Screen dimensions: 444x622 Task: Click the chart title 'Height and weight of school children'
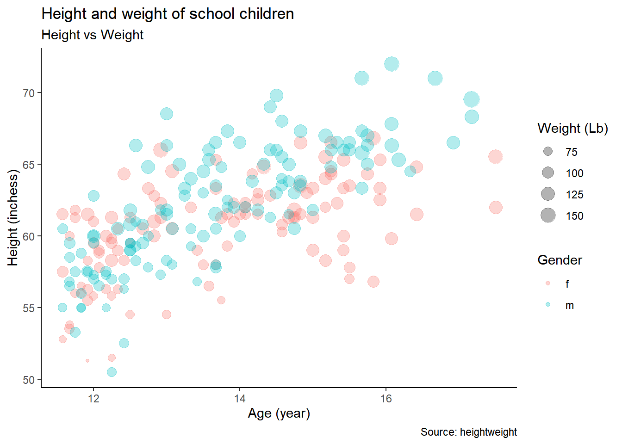click(x=168, y=14)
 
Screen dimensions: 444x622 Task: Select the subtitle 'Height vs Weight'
click(x=93, y=35)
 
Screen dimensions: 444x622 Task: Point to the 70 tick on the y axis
click(x=29, y=93)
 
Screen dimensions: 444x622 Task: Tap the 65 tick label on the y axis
click(x=29, y=165)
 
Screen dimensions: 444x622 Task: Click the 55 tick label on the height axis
click(x=29, y=308)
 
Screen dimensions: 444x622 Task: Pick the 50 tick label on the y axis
click(x=29, y=380)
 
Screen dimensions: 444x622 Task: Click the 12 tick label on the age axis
click(x=93, y=399)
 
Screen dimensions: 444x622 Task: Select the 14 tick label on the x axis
click(x=240, y=399)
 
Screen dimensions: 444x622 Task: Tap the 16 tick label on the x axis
click(x=386, y=399)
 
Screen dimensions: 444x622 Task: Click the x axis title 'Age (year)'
click(x=279, y=413)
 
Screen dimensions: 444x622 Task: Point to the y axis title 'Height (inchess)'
click(x=13, y=218)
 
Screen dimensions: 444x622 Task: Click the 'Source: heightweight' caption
click(x=468, y=432)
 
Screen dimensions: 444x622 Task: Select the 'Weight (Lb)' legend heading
click(x=572, y=129)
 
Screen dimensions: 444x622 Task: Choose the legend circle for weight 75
click(x=548, y=152)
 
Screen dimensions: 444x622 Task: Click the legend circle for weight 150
click(x=548, y=216)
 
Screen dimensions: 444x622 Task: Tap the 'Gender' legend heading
click(x=560, y=260)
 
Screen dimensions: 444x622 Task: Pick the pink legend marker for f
click(x=548, y=283)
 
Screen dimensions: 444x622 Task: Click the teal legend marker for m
click(x=548, y=305)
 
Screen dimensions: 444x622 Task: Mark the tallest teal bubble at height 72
click(x=392, y=64)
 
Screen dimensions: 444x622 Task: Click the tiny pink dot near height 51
click(x=87, y=361)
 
